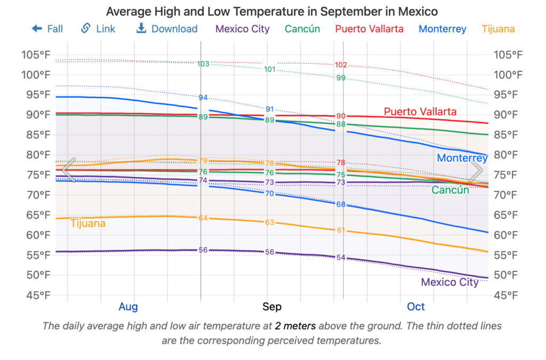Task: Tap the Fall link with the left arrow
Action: click(x=47, y=29)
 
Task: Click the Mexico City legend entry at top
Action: click(x=243, y=29)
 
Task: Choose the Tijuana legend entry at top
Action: click(x=498, y=29)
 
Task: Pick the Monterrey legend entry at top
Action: click(x=443, y=29)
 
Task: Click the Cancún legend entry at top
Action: click(x=302, y=29)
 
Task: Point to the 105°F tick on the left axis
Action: click(x=36, y=54)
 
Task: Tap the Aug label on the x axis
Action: click(x=128, y=307)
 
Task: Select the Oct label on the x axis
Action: click(x=416, y=307)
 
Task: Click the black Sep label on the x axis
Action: click(x=272, y=307)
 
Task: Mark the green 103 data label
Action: click(x=203, y=64)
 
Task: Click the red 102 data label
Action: click(x=341, y=65)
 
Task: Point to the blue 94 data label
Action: click(x=203, y=98)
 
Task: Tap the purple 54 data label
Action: click(x=341, y=258)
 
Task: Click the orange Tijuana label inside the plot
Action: click(x=88, y=223)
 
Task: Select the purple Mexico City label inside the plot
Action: click(x=449, y=282)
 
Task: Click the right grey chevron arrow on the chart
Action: click(x=476, y=170)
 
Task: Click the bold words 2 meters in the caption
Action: click(x=295, y=325)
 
